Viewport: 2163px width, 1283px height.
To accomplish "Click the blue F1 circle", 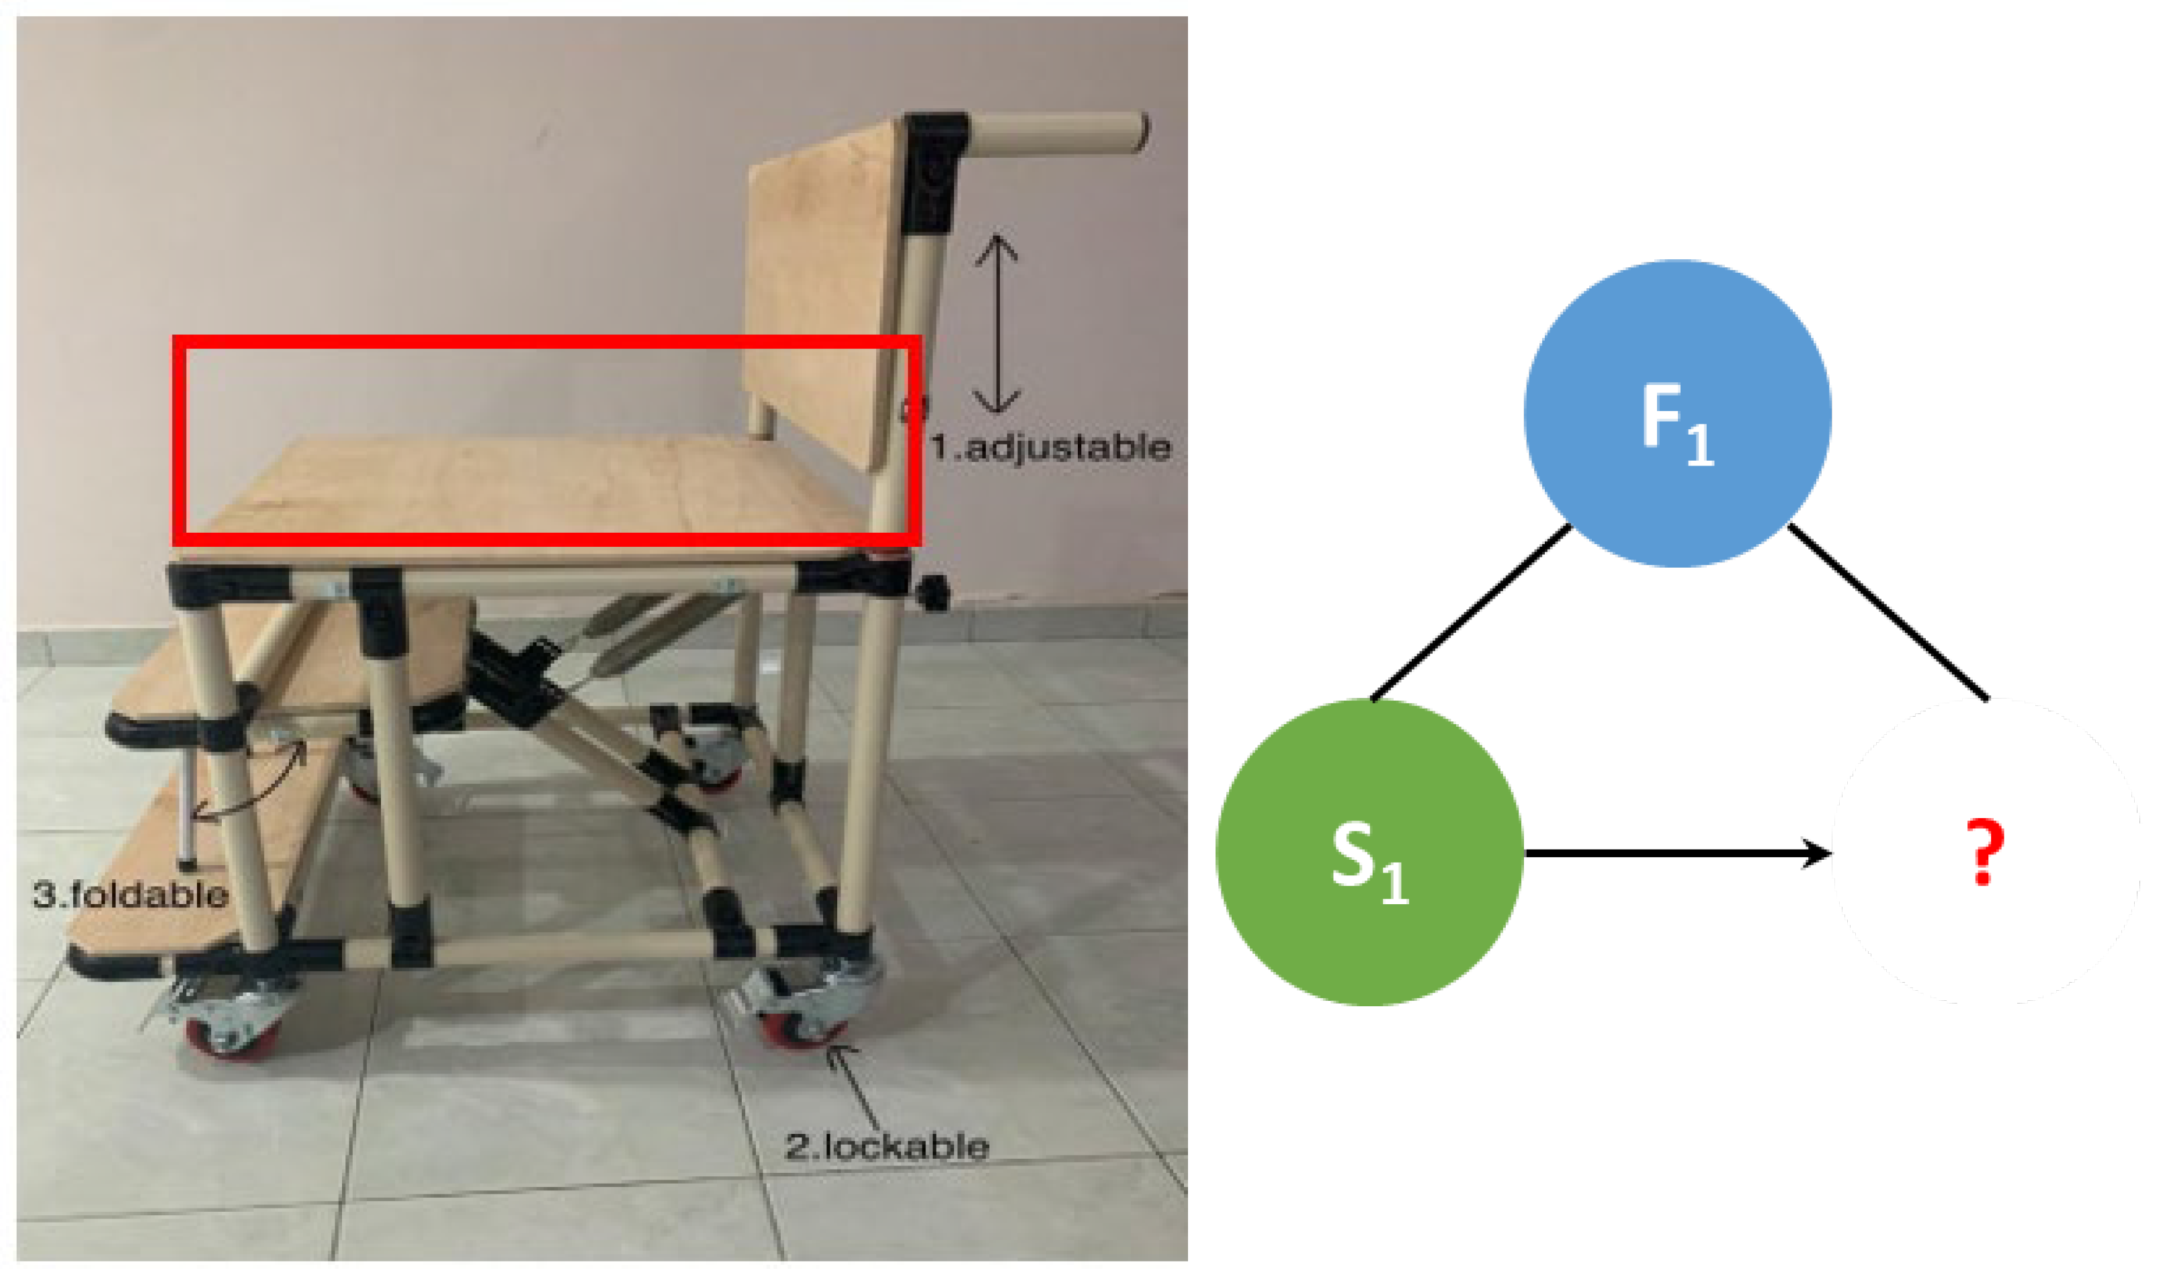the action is click(x=1676, y=413).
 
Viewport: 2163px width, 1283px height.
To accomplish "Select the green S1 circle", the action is click(x=1369, y=852).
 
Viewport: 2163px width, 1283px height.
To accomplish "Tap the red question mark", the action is click(x=1984, y=852).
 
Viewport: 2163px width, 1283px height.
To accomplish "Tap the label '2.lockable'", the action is click(x=886, y=1147).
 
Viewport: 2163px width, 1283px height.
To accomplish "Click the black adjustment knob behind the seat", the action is click(x=932, y=592).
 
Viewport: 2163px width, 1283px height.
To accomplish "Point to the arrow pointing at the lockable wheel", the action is click(x=856, y=1085).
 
